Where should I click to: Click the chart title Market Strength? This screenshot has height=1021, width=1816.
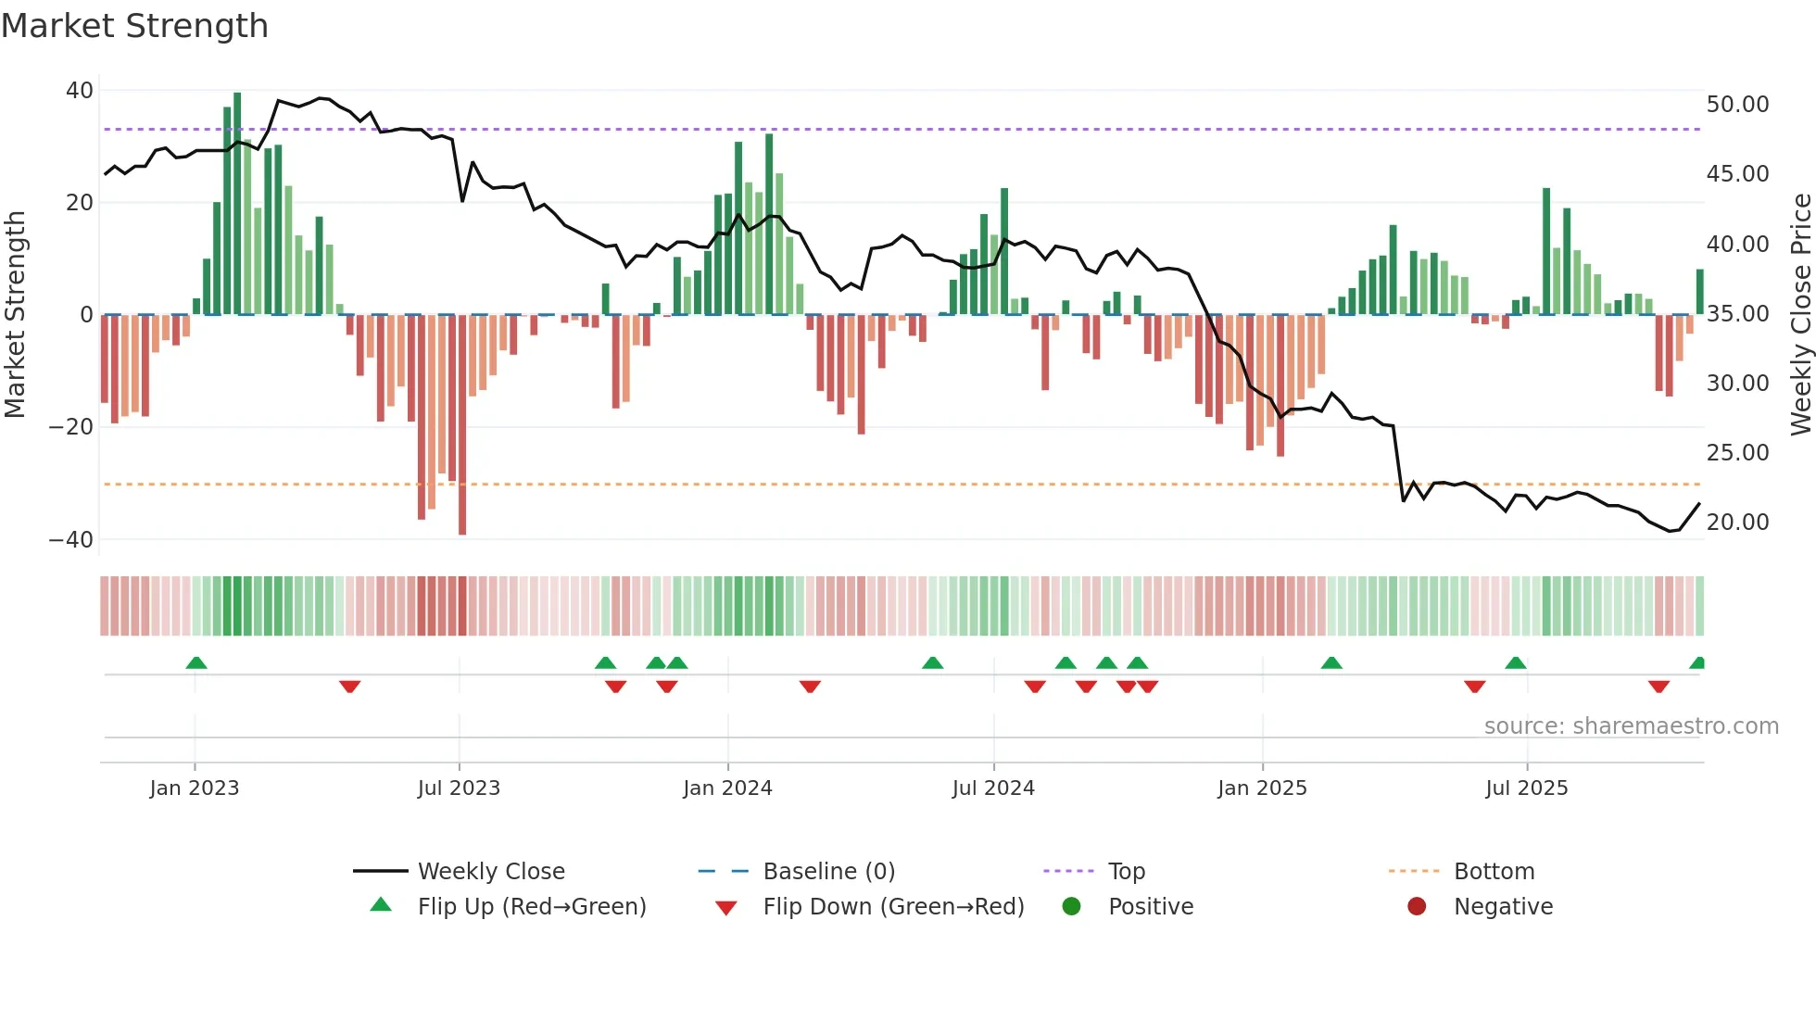coord(134,26)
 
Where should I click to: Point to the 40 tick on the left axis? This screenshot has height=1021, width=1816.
coord(80,91)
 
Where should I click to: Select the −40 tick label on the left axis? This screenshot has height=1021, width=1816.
coord(71,539)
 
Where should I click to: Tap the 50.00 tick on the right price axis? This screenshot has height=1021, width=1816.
coord(1737,105)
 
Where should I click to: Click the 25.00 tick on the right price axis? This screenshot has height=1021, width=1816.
coord(1737,453)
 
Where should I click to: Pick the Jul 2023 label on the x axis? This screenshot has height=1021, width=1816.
coord(459,788)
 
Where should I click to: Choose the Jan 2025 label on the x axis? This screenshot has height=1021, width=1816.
coord(1262,788)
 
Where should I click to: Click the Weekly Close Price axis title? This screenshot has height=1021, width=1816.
coord(1800,315)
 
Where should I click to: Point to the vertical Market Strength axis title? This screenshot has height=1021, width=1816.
coord(16,315)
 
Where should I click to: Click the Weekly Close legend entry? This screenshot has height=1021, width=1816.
coord(491,872)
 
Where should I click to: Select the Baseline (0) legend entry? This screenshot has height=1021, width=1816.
coord(828,872)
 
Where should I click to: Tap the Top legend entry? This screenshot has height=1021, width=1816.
coord(1127,872)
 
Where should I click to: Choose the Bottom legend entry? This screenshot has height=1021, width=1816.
coord(1494,872)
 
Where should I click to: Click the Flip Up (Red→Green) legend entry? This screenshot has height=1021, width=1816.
coord(531,907)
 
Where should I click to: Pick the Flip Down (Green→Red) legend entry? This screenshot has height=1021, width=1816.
coord(893,907)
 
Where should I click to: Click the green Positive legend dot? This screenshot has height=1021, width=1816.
coord(1071,907)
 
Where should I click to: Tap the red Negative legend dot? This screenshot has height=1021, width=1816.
coord(1417,907)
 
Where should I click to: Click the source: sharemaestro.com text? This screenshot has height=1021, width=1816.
coord(1631,726)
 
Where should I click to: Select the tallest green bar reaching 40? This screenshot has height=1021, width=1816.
coord(237,204)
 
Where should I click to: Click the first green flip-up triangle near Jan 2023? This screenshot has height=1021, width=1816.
coord(196,662)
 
